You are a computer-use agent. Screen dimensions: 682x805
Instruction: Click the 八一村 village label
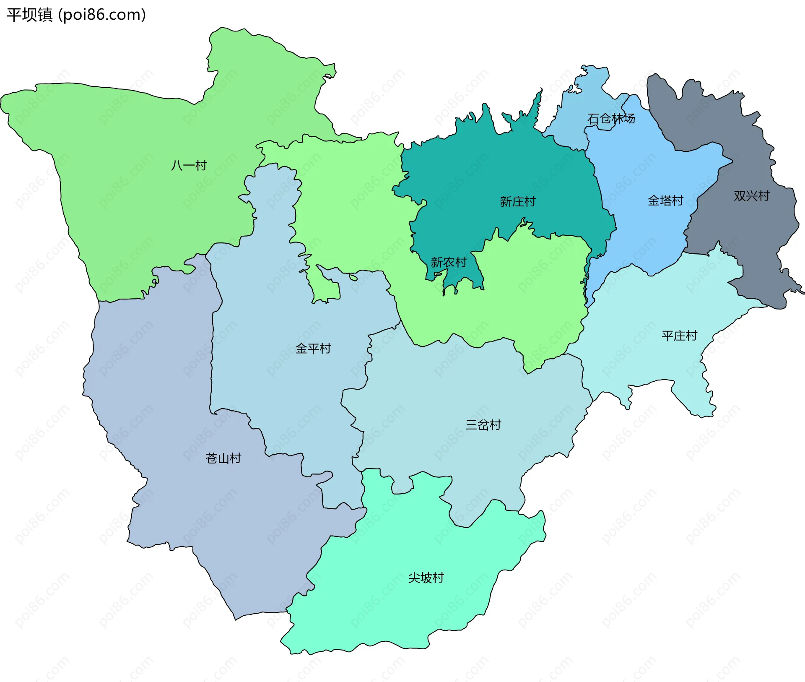[x=189, y=166]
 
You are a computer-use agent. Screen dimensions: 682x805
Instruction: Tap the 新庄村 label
[x=517, y=202]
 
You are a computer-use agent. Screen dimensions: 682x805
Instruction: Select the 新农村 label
[x=449, y=263]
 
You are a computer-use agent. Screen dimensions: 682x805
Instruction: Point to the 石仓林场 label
[x=611, y=119]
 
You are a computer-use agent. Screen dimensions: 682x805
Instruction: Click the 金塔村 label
[x=665, y=201]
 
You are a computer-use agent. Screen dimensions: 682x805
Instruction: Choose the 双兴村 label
[x=751, y=196]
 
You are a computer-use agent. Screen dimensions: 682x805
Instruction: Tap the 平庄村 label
[x=679, y=336]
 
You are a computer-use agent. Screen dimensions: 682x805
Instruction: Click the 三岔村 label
[x=483, y=425]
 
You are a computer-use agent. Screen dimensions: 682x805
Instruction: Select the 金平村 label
[x=313, y=349]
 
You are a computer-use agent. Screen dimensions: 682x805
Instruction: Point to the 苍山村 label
[x=223, y=458]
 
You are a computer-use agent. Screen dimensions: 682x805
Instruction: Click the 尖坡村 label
[x=426, y=578]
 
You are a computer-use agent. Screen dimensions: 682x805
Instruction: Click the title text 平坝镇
[x=29, y=15]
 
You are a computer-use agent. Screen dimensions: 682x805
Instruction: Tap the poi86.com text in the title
[x=102, y=15]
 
